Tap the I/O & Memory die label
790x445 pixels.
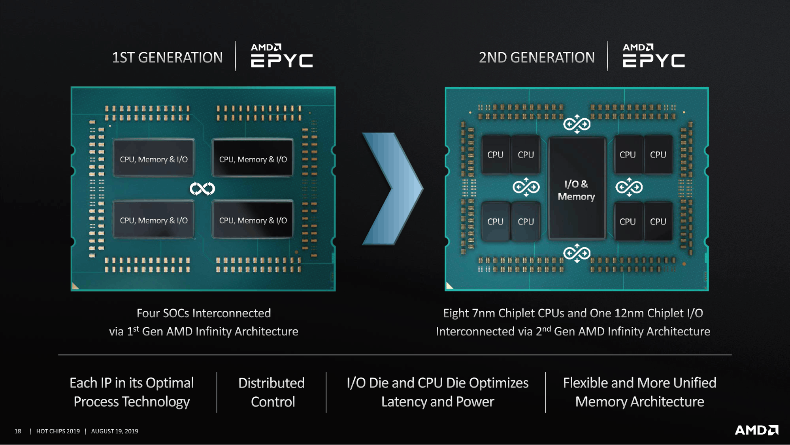(x=576, y=190)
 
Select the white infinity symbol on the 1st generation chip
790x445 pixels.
(x=202, y=189)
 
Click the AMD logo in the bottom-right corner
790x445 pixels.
(x=756, y=430)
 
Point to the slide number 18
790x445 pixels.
(x=18, y=431)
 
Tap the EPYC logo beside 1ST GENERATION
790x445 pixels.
(x=282, y=56)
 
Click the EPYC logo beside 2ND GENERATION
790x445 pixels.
(x=654, y=56)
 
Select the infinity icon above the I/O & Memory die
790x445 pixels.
(x=577, y=124)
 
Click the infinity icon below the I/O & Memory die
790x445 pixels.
(x=577, y=253)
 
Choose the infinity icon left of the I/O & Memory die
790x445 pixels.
(x=526, y=187)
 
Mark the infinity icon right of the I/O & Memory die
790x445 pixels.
(x=629, y=187)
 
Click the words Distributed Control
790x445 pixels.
(x=272, y=392)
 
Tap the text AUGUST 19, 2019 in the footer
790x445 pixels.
(x=115, y=431)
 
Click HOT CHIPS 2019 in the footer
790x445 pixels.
(x=58, y=431)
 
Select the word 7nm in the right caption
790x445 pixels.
(x=483, y=313)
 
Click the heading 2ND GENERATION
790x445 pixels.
(x=537, y=58)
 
